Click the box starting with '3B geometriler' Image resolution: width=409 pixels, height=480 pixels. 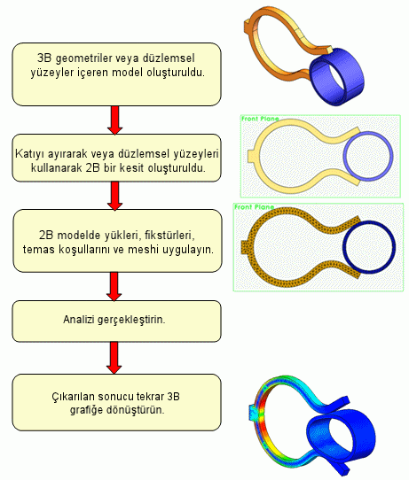(x=116, y=74)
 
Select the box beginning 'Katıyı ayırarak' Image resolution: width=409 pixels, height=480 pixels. (x=116, y=158)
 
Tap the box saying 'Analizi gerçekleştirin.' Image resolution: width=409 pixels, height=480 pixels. (x=116, y=321)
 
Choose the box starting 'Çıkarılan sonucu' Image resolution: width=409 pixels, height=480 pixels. (x=116, y=402)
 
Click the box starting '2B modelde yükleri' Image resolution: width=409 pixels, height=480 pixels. (x=117, y=241)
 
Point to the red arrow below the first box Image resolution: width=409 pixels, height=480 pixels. (x=115, y=120)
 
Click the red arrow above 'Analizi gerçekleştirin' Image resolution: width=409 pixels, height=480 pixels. (x=114, y=287)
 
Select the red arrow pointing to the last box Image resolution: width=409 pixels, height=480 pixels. (x=114, y=358)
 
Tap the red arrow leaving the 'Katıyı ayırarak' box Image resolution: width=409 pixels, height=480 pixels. (x=115, y=196)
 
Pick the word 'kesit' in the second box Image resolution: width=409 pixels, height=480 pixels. (x=132, y=168)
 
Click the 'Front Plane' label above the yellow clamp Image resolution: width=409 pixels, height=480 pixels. (x=260, y=119)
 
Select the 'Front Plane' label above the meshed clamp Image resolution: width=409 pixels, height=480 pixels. (x=254, y=207)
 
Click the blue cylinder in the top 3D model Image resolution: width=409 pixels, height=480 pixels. (x=336, y=76)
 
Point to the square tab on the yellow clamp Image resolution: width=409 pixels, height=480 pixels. (x=251, y=156)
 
